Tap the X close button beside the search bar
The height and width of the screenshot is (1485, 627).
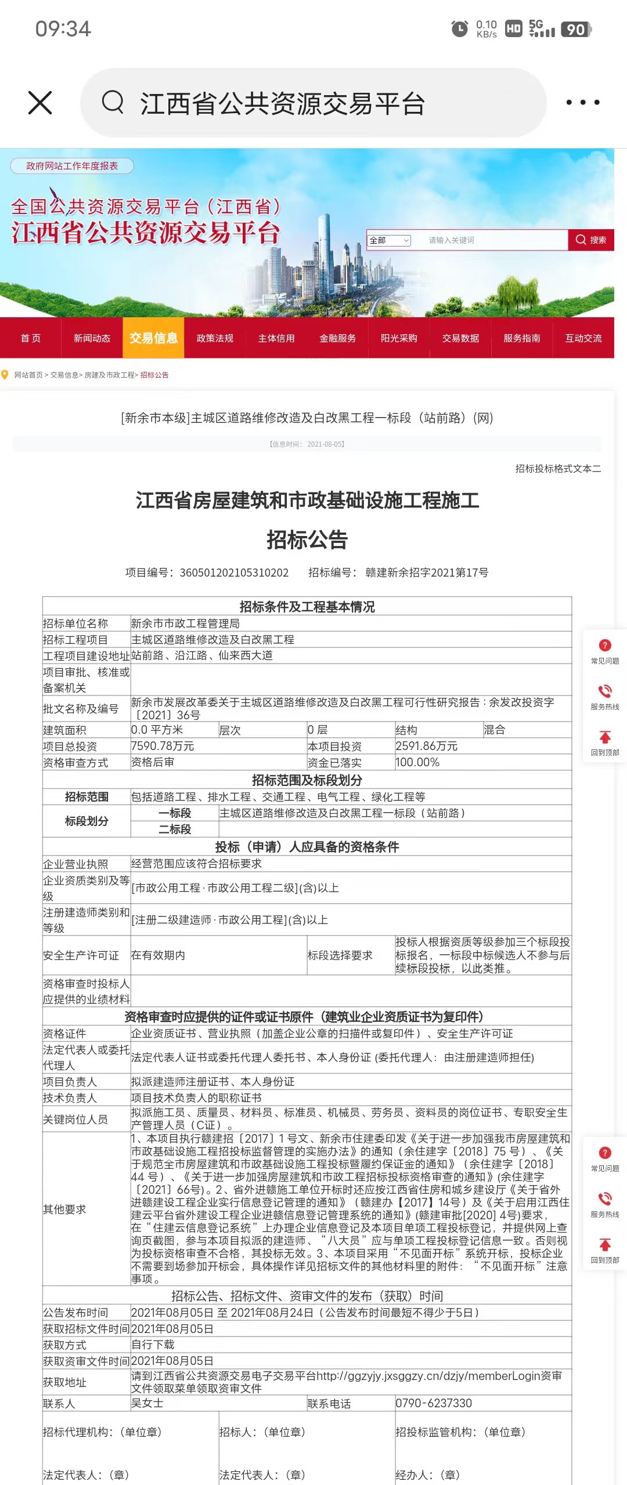pos(40,103)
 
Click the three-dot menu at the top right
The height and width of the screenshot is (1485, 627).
pos(582,103)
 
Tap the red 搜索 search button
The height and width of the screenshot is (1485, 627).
pos(591,240)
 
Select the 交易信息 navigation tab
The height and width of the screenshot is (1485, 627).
pos(153,338)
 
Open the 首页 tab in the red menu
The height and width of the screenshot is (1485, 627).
pos(31,338)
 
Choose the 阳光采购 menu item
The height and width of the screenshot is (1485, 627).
pos(399,338)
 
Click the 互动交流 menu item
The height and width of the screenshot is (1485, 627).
pos(583,338)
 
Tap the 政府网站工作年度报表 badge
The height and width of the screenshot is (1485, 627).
pos(72,166)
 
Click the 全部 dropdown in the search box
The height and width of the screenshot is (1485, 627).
pos(389,240)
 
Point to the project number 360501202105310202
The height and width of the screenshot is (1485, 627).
pos(234,573)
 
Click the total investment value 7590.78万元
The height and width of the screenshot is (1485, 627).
pos(163,746)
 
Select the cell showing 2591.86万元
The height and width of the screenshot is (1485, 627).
pos(427,746)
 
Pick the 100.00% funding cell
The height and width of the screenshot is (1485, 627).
pos(418,762)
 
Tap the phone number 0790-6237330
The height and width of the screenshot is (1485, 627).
pos(434,1403)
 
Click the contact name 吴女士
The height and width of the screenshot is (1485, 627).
pos(147,1403)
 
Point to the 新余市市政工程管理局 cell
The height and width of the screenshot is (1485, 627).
pos(185,624)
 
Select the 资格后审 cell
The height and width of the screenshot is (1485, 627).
pos(153,762)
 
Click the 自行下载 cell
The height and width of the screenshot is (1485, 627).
pos(153,1345)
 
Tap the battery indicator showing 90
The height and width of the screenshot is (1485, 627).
pos(576,29)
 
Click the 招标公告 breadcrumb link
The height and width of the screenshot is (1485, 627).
pos(154,375)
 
